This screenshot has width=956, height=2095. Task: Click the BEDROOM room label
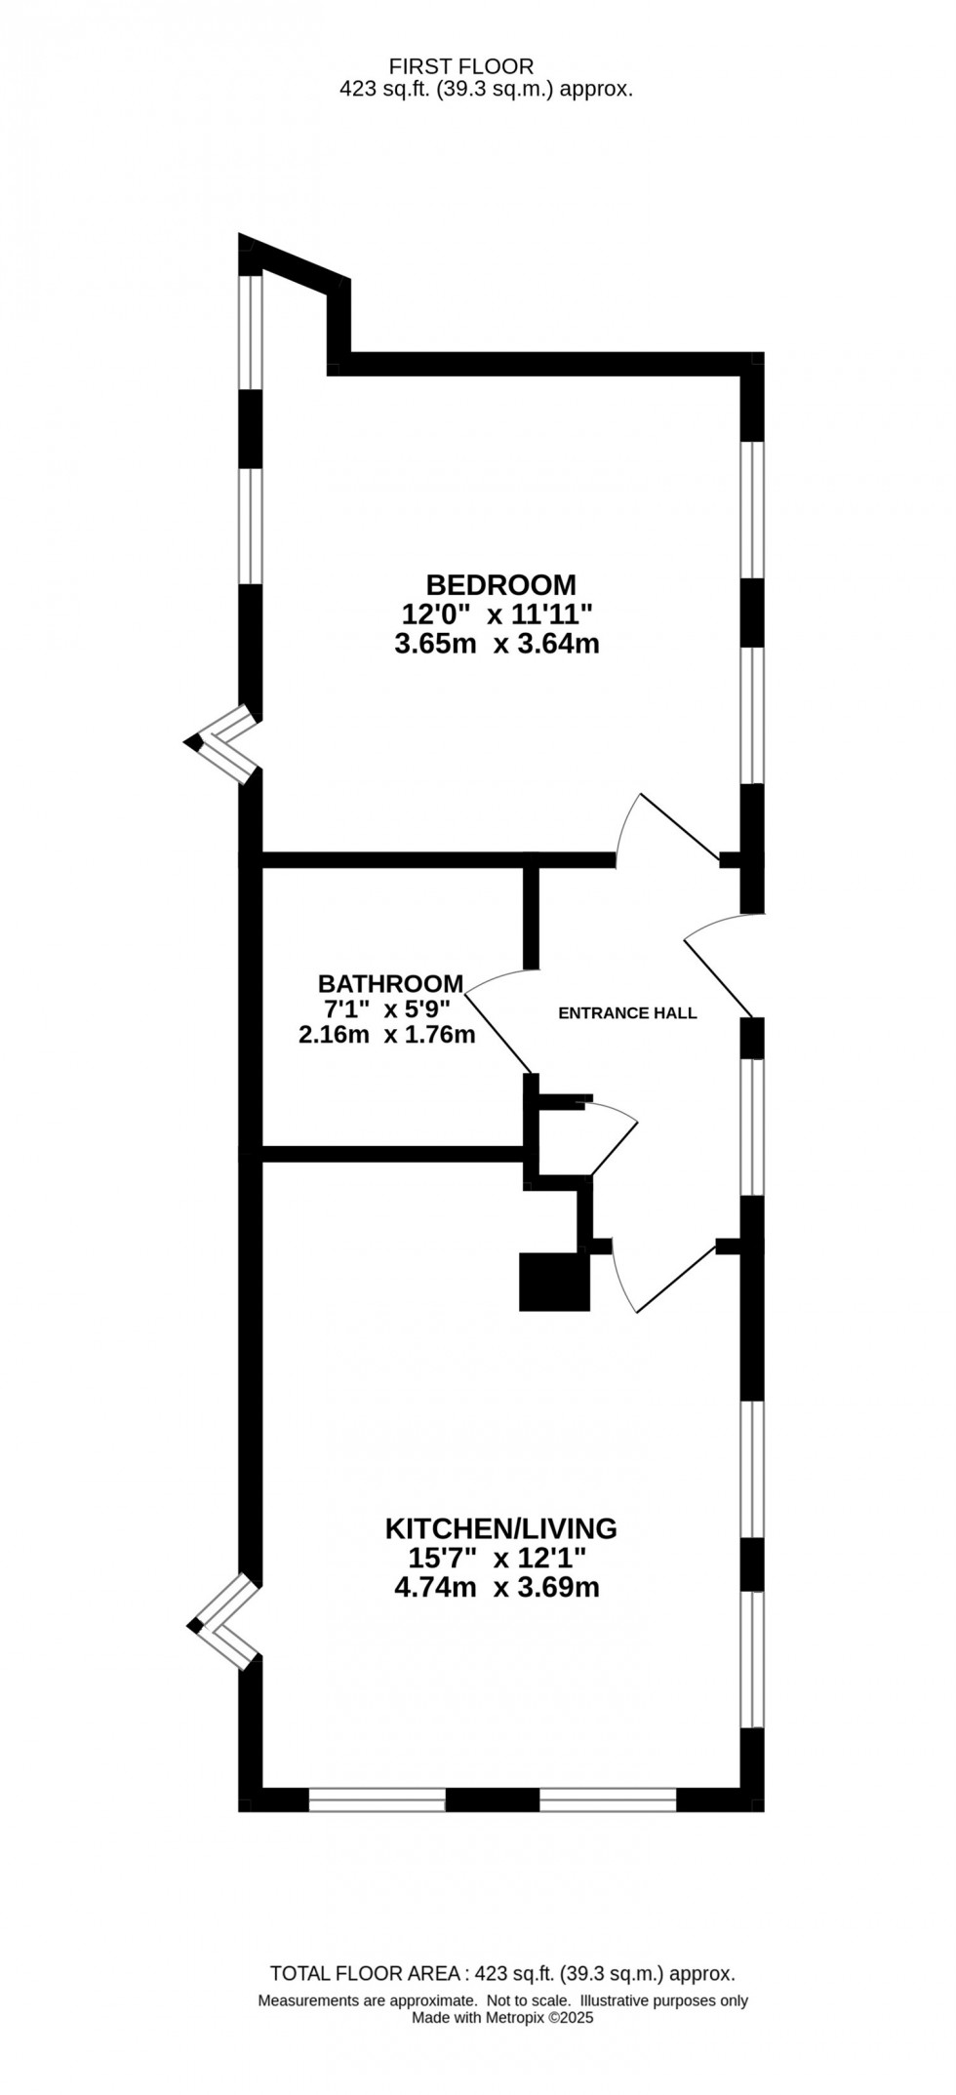(x=500, y=584)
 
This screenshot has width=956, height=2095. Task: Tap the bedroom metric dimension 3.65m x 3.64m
(x=497, y=644)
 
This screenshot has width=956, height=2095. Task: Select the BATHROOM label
(x=390, y=982)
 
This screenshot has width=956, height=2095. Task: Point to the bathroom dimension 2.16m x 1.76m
(x=386, y=1035)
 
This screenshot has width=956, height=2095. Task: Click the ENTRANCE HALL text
(x=627, y=1012)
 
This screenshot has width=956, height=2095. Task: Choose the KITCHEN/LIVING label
(x=500, y=1527)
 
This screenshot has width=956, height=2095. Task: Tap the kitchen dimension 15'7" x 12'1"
(x=498, y=1558)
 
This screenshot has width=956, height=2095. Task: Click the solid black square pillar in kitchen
(x=555, y=1282)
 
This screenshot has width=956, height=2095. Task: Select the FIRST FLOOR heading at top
(x=461, y=66)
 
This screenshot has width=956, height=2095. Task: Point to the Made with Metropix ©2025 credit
(x=502, y=2018)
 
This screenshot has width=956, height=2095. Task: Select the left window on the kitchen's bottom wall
(x=378, y=1799)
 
